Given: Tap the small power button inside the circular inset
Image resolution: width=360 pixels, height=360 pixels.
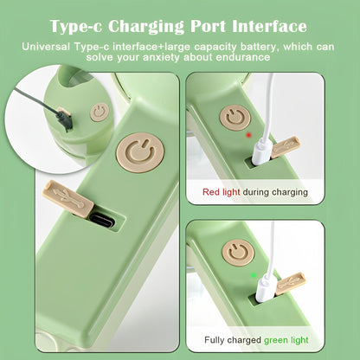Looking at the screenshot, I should pyautogui.click(x=100, y=112).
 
